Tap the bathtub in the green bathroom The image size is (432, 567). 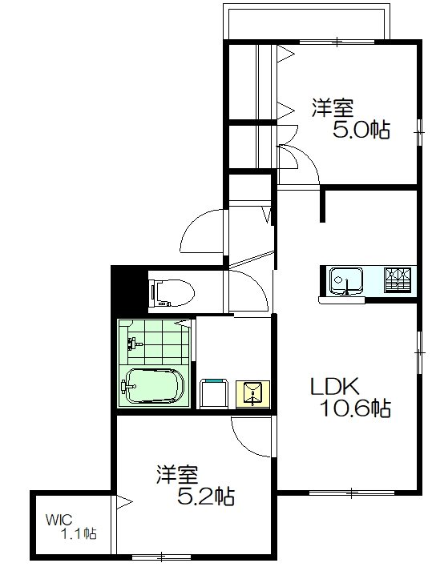click(152, 388)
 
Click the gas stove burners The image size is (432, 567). click(398, 279)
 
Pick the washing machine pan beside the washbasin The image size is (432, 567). click(212, 393)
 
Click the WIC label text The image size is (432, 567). click(59, 517)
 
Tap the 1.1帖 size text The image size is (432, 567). click(79, 533)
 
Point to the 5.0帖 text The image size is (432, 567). click(360, 130)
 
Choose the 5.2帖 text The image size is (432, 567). click(205, 497)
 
